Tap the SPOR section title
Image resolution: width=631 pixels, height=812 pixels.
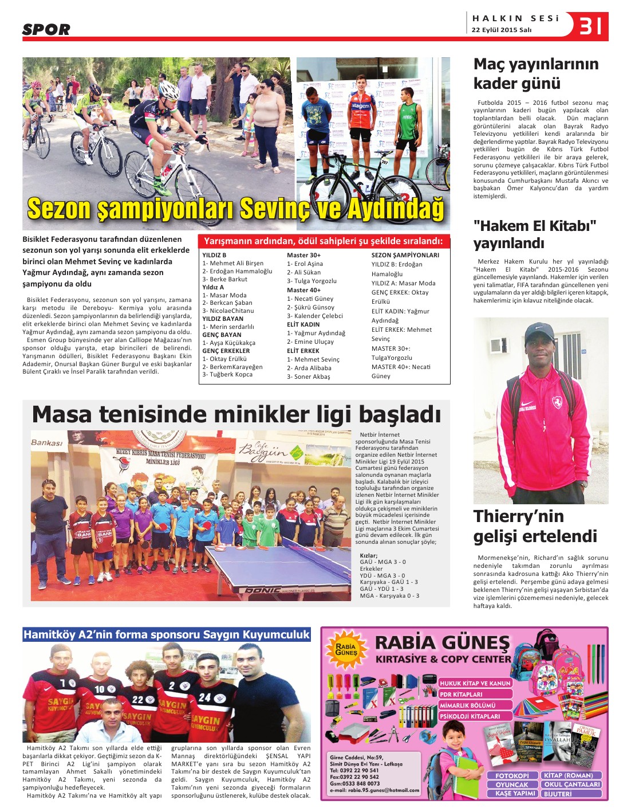(46, 29)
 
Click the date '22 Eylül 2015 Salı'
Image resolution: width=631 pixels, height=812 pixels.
(502, 30)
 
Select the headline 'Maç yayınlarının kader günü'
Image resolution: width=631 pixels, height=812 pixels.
(535, 73)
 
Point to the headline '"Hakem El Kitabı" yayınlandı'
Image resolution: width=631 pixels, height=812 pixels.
(534, 234)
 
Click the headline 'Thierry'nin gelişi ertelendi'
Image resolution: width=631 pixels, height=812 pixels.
(535, 526)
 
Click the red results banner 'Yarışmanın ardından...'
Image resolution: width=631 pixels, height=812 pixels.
(324, 241)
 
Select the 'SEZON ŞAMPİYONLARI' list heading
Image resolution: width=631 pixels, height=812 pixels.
(405, 255)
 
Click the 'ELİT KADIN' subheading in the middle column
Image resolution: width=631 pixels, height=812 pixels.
(303, 324)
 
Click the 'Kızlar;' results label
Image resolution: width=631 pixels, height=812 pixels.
(368, 555)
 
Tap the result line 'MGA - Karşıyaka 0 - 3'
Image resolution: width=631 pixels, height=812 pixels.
(389, 595)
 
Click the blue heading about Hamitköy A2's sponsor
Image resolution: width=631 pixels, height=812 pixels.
(166, 634)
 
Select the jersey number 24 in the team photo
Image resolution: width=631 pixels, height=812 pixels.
(204, 697)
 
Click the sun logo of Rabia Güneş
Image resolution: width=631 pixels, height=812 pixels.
(346, 649)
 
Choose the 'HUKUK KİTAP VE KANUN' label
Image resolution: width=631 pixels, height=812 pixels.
(475, 683)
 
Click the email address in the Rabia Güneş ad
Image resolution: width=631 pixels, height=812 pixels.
(374, 790)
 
